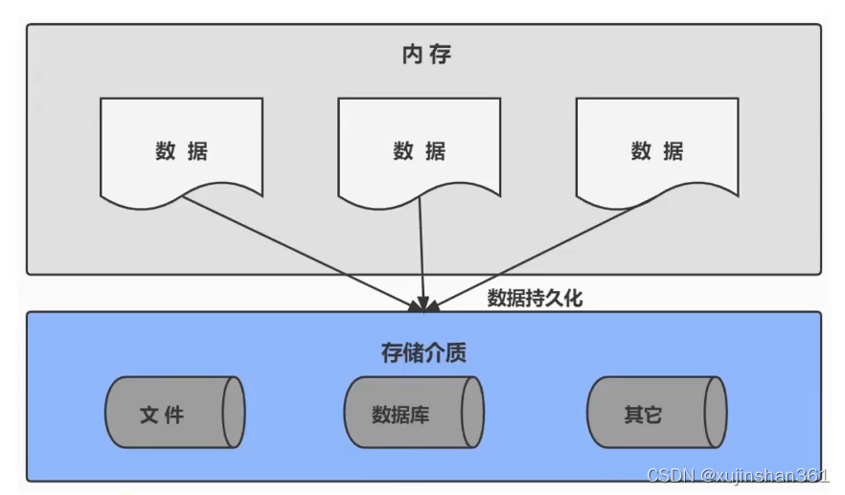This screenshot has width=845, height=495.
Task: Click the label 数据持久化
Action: click(x=535, y=298)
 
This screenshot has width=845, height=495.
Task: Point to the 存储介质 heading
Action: click(x=423, y=352)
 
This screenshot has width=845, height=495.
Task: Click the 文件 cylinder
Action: click(x=174, y=414)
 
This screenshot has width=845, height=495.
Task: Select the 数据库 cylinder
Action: click(x=414, y=414)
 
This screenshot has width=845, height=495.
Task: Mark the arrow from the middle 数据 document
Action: click(x=422, y=254)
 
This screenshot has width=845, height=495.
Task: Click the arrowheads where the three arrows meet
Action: click(x=422, y=304)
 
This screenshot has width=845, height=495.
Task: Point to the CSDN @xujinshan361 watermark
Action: click(x=738, y=476)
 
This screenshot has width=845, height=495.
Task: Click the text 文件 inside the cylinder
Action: click(x=162, y=415)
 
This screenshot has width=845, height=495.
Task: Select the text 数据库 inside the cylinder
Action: click(x=399, y=415)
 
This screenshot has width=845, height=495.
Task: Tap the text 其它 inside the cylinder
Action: click(x=643, y=415)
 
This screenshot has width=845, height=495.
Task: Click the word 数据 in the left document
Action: click(x=181, y=150)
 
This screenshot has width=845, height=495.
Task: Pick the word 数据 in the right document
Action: click(x=657, y=150)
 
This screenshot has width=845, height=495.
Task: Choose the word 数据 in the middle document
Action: click(x=419, y=150)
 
